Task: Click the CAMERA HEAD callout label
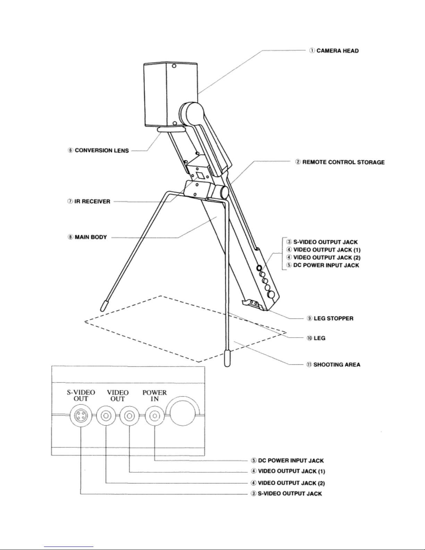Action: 334,51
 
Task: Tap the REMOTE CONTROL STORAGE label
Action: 340,162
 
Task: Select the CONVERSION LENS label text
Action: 99,150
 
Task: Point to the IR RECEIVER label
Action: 89,202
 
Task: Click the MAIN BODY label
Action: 87,237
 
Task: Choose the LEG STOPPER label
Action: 330,319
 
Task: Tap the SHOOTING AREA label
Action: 333,364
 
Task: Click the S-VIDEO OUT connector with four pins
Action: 81,416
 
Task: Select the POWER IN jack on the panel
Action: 155,416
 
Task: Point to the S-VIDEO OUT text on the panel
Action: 81,396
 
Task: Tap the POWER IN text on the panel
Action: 155,396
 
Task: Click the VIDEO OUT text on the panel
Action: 118,396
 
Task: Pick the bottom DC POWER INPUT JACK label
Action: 287,461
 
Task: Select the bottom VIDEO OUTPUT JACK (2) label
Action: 288,483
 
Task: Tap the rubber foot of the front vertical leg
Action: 228,358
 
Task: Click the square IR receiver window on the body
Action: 200,175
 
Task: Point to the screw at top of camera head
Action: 174,66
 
